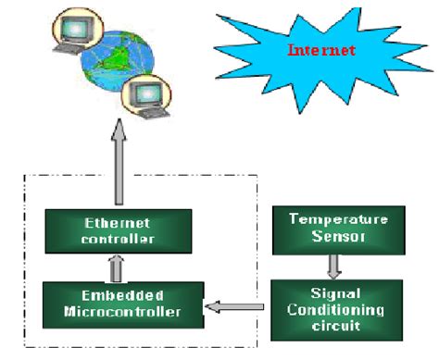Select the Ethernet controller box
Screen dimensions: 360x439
tap(118, 231)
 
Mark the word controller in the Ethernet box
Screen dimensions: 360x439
tap(118, 239)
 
